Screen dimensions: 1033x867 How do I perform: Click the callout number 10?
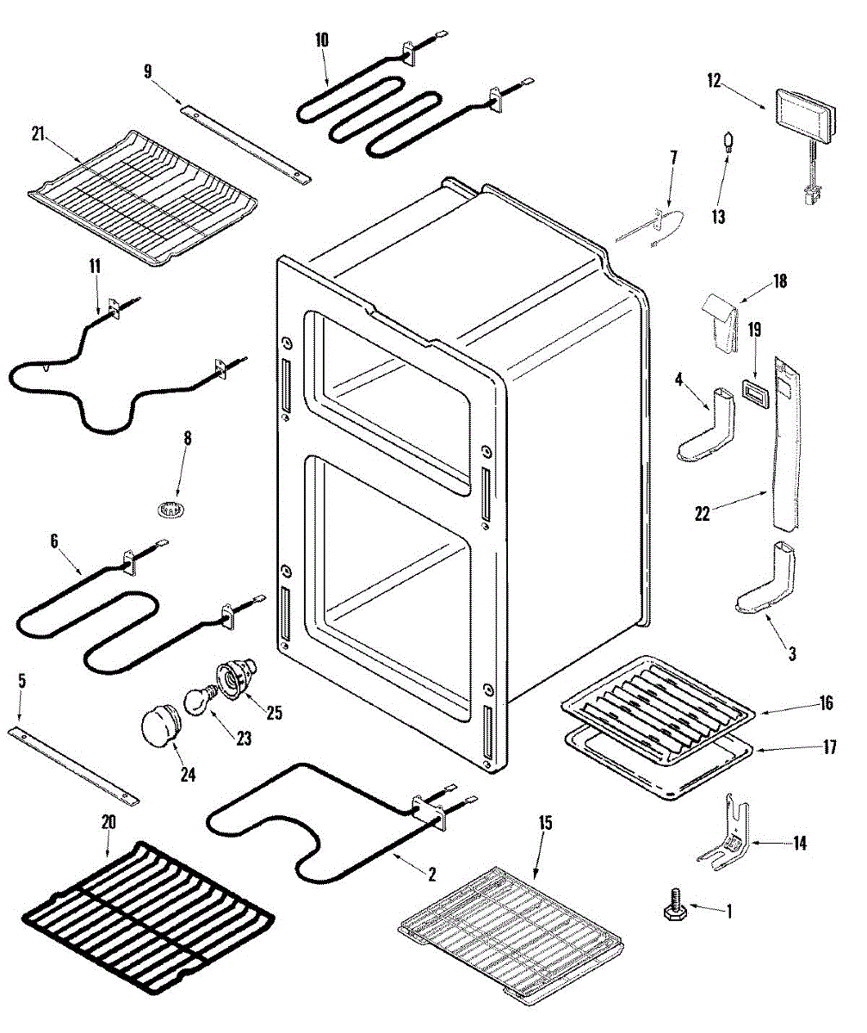[322, 40]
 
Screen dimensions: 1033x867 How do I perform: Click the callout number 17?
[828, 747]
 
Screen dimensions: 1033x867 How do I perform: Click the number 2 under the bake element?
[432, 875]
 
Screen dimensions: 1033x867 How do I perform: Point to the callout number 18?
[779, 281]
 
